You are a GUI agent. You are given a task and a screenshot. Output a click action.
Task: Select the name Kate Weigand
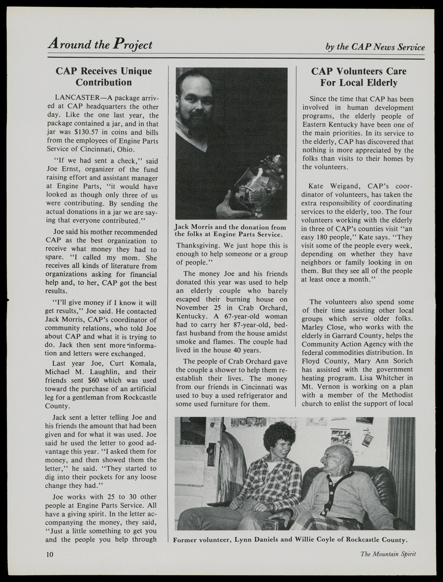pyautogui.click(x=330, y=186)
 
